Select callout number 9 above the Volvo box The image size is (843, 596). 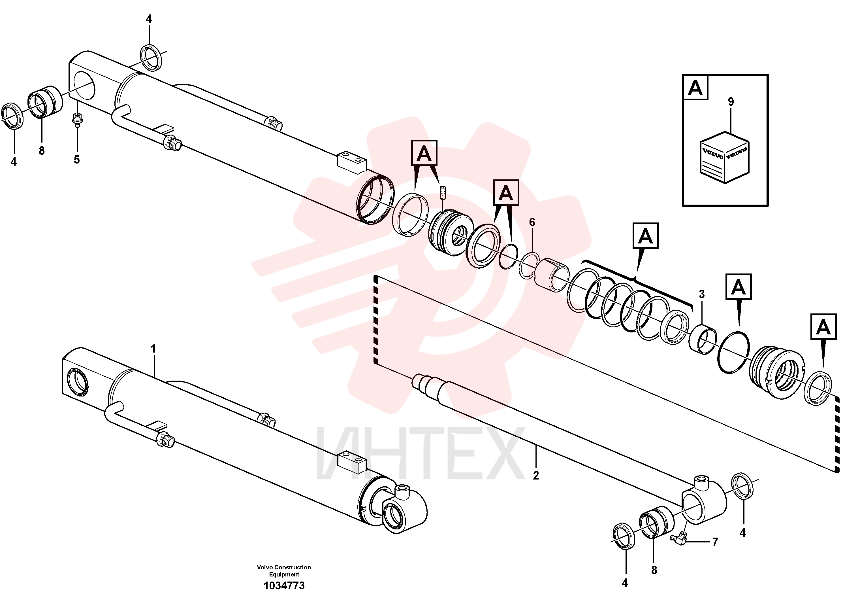click(731, 102)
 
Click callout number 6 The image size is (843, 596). click(532, 222)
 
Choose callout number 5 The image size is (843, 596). click(76, 160)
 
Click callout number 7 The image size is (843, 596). click(715, 542)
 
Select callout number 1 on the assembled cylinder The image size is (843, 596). click(153, 348)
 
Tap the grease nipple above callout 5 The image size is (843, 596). click(77, 120)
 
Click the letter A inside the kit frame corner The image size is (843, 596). click(695, 88)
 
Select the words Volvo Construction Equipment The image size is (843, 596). click(284, 571)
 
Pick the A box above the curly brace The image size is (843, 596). click(645, 236)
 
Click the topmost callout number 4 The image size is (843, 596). click(149, 19)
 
